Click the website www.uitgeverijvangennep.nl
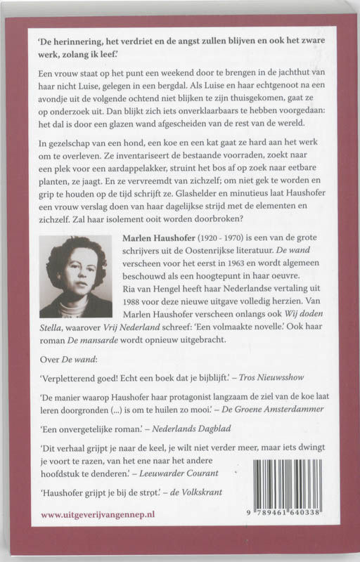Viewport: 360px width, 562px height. [x=97, y=515]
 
